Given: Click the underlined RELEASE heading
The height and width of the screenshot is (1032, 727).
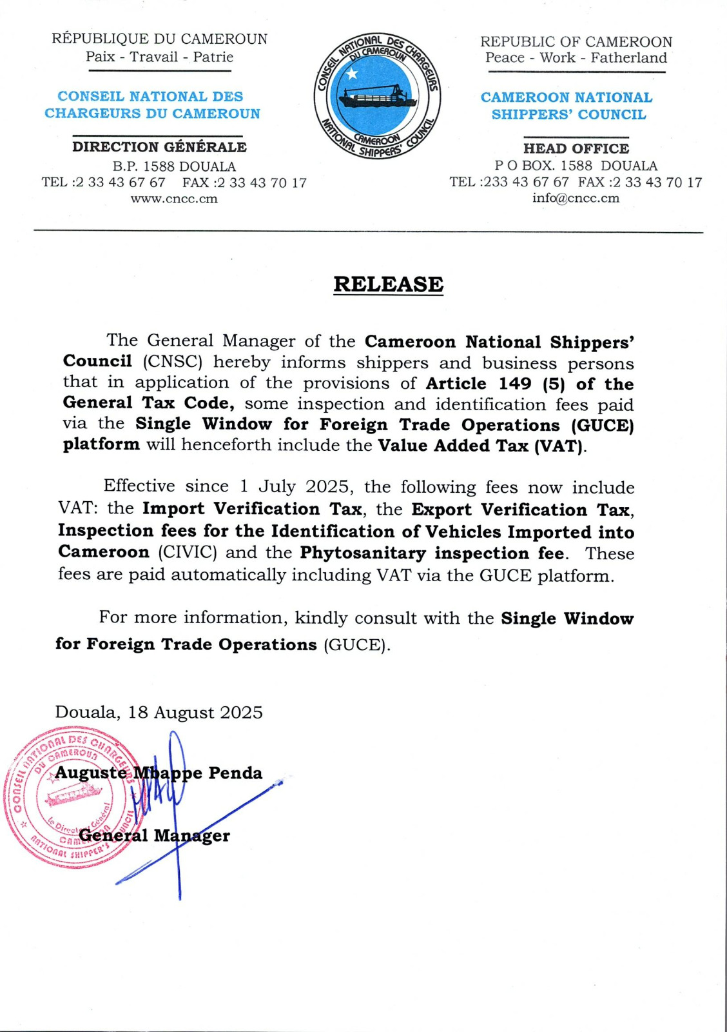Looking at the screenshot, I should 388,284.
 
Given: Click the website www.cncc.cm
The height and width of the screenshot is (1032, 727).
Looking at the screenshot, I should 174,199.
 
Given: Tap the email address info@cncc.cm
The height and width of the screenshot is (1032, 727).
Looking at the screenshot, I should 576,199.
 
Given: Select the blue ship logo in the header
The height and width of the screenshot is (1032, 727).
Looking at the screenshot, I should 378,95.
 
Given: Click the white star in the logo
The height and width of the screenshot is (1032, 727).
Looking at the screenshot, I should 352,73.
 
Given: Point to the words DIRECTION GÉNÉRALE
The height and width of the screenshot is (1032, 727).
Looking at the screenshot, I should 159,147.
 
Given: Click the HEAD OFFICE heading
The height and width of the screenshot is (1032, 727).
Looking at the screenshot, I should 576,148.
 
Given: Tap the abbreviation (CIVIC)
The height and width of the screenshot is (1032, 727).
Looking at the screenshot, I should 188,553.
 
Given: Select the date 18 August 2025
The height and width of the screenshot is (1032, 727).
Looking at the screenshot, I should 195,713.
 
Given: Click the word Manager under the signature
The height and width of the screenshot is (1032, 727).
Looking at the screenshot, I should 191,836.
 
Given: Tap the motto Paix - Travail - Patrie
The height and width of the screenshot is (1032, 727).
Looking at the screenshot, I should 159,57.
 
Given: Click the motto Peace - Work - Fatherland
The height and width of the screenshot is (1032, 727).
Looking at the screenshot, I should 576,58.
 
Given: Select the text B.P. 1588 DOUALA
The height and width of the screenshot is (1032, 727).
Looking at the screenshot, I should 174,166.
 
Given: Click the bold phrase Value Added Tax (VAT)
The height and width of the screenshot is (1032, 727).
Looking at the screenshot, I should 481,446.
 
